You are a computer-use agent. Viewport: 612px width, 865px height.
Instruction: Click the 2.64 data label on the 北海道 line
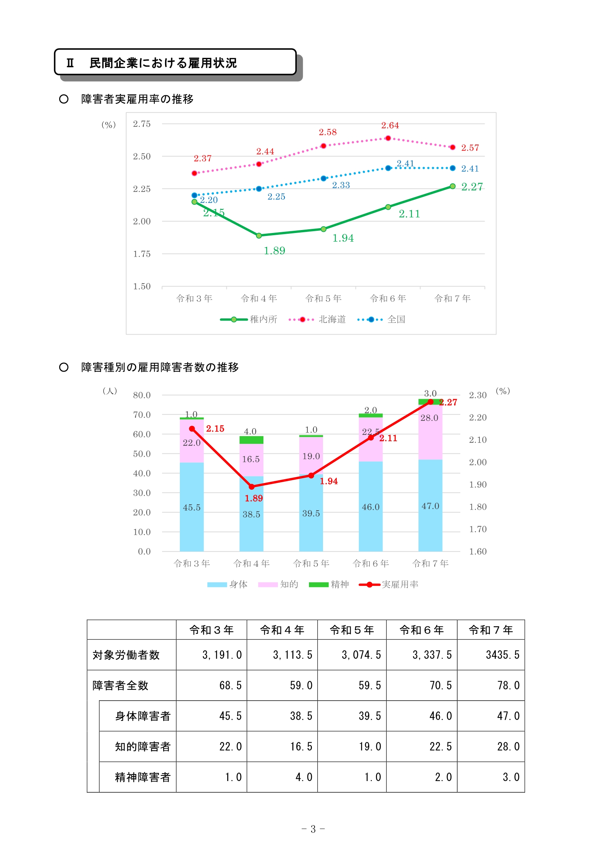tap(390, 125)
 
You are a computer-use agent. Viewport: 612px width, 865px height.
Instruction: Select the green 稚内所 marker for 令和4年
tap(259, 236)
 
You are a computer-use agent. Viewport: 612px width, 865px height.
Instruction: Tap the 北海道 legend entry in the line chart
tap(332, 320)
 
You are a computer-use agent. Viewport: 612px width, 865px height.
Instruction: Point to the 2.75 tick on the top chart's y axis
tap(142, 124)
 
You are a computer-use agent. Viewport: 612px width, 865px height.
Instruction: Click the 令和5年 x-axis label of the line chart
tap(323, 298)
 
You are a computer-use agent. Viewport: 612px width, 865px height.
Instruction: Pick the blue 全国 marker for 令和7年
tap(453, 168)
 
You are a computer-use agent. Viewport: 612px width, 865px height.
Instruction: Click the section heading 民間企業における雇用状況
tap(163, 63)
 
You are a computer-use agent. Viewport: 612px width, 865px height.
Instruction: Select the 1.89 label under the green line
tap(274, 251)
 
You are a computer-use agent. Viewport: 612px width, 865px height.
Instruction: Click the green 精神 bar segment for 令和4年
tap(251, 440)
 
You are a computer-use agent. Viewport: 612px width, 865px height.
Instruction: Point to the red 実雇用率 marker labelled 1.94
tap(311, 476)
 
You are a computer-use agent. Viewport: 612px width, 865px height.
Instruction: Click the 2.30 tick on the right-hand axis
tap(477, 395)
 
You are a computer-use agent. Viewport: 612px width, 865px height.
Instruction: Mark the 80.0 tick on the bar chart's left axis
tap(142, 395)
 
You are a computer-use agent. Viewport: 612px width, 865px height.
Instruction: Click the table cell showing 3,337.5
tap(432, 655)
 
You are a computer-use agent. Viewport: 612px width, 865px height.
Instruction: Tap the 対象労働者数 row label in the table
tap(126, 655)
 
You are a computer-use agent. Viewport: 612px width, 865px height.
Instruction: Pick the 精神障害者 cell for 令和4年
tap(304, 777)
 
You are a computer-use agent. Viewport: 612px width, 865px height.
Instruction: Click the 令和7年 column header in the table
tap(491, 630)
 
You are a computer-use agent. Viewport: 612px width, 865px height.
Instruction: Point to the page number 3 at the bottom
tap(313, 829)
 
